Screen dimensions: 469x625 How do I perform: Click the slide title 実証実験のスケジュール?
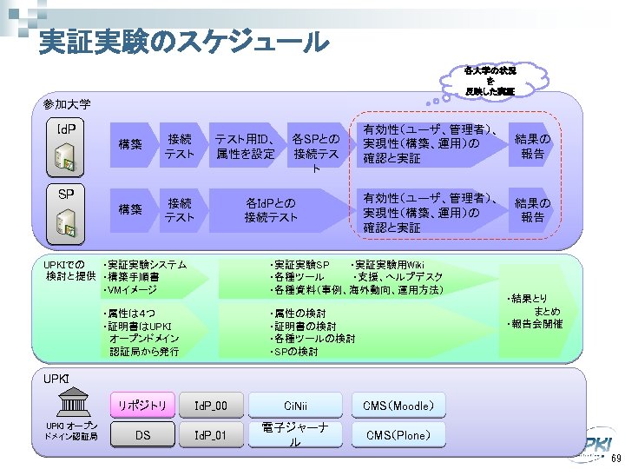(x=183, y=41)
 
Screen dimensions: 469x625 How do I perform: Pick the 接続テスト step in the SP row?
(x=180, y=209)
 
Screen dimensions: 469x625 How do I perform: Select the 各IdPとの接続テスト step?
(x=271, y=209)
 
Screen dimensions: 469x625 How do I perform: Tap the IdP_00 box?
(x=210, y=404)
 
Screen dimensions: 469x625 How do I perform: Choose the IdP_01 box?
(x=210, y=435)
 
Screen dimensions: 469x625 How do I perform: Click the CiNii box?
(x=295, y=404)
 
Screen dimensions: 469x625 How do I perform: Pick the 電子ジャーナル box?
(x=295, y=434)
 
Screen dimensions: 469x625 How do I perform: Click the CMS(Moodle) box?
(x=398, y=404)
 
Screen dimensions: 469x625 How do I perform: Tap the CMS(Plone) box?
(x=398, y=435)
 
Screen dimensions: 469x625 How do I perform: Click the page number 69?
(x=615, y=459)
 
